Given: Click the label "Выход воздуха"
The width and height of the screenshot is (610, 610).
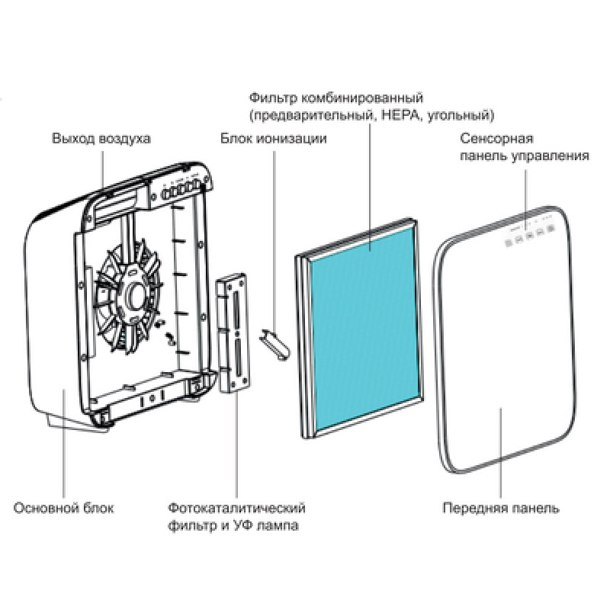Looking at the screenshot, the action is (101, 139).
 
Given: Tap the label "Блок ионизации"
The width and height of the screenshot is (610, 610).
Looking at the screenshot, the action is (274, 139).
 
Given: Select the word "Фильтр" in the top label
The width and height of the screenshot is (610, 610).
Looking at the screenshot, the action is (272, 98).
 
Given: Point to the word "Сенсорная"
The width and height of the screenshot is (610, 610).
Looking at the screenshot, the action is (496, 139).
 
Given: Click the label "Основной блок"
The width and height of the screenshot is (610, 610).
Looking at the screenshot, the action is (63, 508).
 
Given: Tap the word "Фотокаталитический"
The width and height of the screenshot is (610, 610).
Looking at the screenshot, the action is (236, 508).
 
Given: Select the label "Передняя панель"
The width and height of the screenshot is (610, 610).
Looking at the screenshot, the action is (501, 508).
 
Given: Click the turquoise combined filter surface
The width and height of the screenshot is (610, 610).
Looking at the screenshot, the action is (364, 327).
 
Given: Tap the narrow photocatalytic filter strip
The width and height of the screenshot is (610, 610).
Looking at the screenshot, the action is (233, 332).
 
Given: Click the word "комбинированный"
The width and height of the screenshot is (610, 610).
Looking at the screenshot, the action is (362, 98).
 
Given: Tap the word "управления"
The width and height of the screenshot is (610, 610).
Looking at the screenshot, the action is (550, 156).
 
